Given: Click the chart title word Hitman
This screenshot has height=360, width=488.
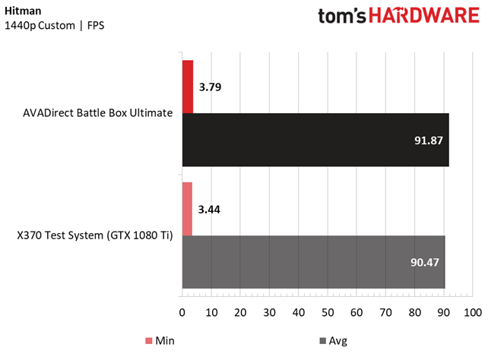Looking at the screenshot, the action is click(23, 11).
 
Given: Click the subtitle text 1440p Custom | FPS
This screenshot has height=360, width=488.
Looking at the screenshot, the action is click(54, 26).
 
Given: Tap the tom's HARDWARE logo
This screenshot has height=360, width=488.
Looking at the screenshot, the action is click(398, 16).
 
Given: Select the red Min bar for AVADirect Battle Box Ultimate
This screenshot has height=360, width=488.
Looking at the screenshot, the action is click(188, 87).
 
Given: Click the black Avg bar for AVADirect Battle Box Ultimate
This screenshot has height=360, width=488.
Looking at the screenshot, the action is click(315, 140).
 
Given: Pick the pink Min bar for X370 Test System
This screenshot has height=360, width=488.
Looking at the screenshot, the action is click(187, 209).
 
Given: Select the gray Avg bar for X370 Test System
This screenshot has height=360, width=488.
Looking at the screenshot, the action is click(313, 262).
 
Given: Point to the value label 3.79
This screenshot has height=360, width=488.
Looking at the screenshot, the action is click(210, 87).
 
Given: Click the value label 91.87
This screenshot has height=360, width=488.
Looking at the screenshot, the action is click(428, 141).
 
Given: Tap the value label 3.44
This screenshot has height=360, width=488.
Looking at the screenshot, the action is click(209, 210).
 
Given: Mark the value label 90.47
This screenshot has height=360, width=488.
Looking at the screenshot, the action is click(424, 263).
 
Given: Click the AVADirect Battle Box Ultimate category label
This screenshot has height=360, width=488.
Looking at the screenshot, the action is click(98, 113).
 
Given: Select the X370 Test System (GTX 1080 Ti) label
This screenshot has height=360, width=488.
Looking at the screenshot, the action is click(94, 235).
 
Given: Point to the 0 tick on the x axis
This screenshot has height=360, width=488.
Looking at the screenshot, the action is click(182, 312).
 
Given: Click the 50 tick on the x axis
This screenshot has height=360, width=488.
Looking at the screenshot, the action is click(328, 312).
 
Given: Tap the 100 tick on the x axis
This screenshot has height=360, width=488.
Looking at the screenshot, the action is click(473, 312).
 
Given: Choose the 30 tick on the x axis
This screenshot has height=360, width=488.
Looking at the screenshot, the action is click(269, 312).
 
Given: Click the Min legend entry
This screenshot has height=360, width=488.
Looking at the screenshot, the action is click(160, 341).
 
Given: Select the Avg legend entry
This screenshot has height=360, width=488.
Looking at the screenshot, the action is click(334, 341).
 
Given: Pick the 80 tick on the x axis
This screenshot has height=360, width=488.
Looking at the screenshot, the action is click(414, 312).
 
